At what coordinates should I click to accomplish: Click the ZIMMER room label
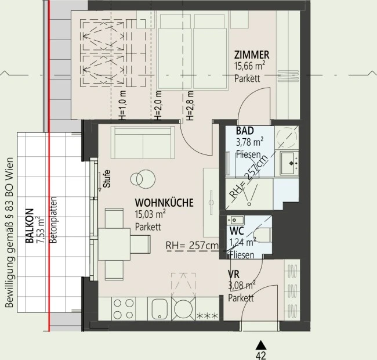(252, 55)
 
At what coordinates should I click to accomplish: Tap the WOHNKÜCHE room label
(164, 203)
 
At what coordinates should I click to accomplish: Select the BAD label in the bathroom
(245, 131)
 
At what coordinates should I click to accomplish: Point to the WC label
(237, 231)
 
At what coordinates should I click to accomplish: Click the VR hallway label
(234, 274)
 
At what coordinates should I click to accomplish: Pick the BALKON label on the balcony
(30, 226)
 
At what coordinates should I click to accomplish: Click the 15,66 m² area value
(250, 66)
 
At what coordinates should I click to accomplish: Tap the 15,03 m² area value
(150, 214)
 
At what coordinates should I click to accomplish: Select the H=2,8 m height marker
(190, 106)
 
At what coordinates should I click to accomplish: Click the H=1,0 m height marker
(122, 106)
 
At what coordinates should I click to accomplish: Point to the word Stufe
(107, 179)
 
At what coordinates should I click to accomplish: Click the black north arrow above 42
(261, 345)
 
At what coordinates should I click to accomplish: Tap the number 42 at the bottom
(261, 355)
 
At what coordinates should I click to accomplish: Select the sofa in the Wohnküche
(143, 142)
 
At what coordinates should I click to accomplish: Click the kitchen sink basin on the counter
(159, 309)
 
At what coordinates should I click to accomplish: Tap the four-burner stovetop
(124, 309)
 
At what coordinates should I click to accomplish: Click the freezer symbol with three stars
(207, 315)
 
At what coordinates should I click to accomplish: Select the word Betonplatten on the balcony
(53, 220)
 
